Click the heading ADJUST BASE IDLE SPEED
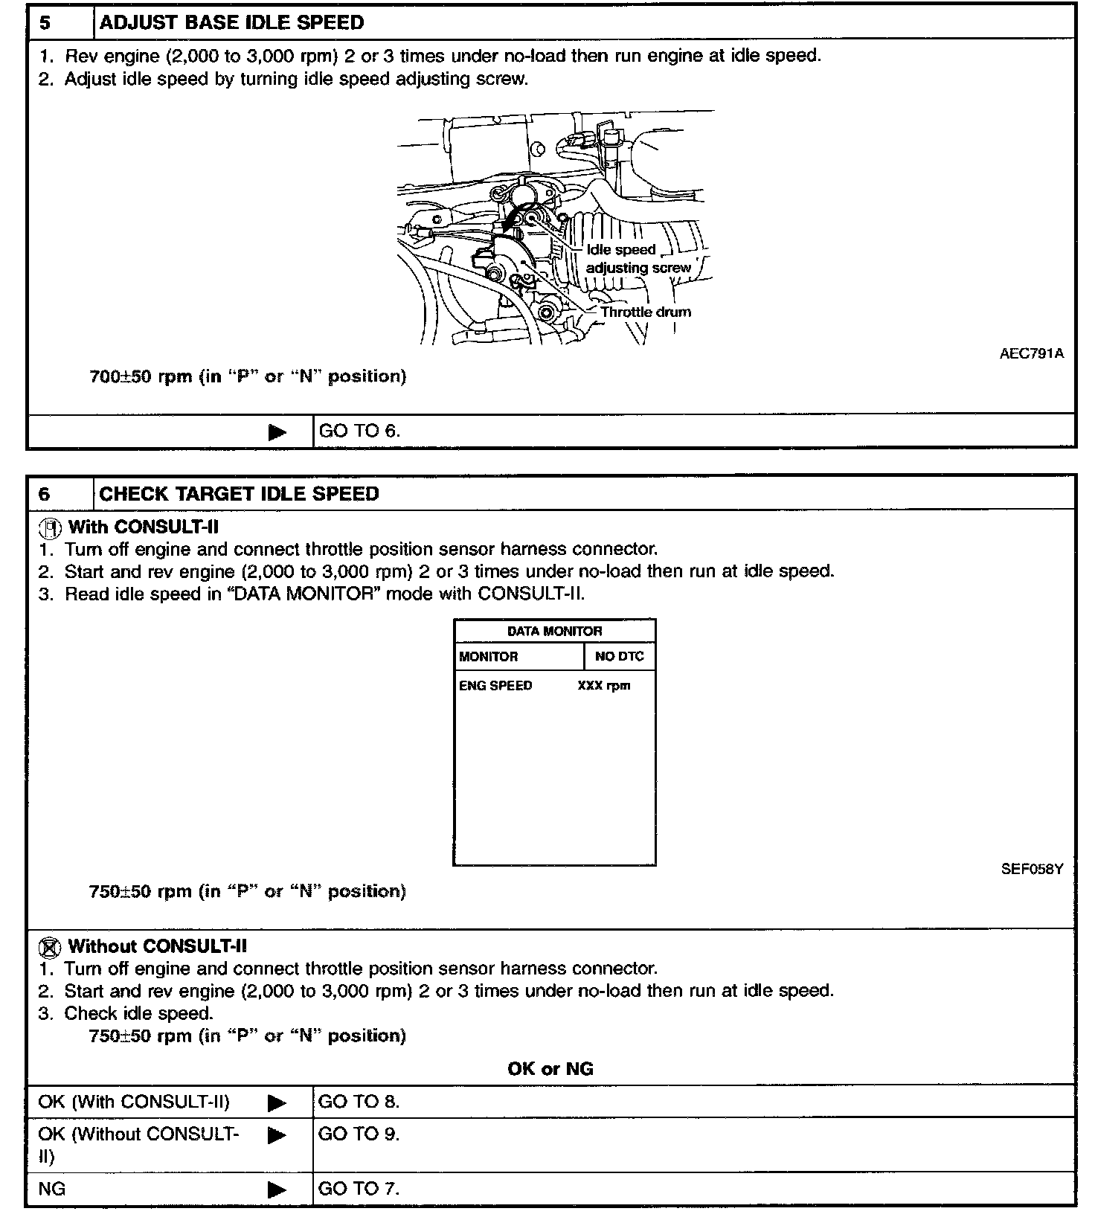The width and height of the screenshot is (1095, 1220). tap(231, 22)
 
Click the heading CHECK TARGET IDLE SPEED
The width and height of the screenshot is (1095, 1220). tap(239, 494)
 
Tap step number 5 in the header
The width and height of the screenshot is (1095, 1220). tap(45, 22)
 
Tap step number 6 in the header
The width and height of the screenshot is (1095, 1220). tap(45, 494)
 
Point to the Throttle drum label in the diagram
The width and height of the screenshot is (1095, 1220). tap(646, 312)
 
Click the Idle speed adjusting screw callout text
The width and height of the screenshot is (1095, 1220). tap(638, 259)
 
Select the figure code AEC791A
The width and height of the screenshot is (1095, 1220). tap(1031, 353)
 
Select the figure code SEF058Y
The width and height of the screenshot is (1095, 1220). tap(1032, 869)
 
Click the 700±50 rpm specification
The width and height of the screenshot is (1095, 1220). tap(248, 376)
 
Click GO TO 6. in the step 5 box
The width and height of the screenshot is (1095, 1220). tap(359, 431)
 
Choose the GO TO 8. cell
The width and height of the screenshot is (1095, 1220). tap(359, 1102)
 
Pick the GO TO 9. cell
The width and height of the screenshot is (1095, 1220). tap(359, 1134)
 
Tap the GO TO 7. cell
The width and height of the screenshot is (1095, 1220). tap(359, 1189)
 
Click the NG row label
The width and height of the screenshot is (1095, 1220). tap(52, 1189)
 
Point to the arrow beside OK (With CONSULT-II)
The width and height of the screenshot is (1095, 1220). tap(277, 1102)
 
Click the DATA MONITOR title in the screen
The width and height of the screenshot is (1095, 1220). tap(554, 631)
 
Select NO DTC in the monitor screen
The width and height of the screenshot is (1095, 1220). tap(620, 657)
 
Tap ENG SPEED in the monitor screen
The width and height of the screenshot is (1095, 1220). tap(495, 686)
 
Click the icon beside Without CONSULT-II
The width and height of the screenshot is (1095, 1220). tap(49, 948)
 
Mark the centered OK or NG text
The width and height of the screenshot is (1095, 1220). tap(550, 1069)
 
